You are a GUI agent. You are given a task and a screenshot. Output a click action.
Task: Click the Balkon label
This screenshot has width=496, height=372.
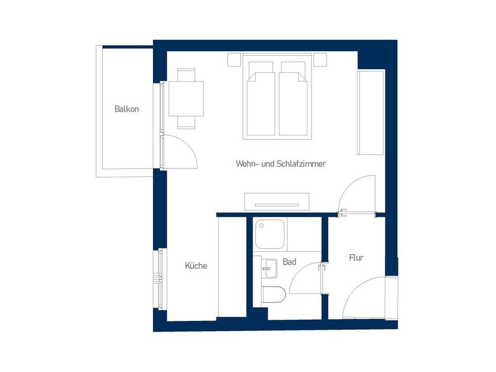click(127, 110)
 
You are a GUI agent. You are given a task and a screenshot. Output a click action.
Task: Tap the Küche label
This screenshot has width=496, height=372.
click(196, 266)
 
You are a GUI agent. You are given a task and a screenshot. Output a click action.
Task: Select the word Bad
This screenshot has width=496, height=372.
click(289, 262)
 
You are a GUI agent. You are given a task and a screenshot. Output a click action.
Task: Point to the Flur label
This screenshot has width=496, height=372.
click(356, 257)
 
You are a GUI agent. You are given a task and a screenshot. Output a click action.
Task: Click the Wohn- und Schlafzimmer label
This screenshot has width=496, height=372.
click(281, 164)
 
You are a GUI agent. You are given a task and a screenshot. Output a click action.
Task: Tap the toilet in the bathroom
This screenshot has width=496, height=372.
click(273, 295)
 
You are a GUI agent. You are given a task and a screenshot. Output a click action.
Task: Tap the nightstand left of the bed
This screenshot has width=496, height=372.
click(234, 60)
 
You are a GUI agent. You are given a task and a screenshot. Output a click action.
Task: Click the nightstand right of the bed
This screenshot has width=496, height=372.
click(320, 60)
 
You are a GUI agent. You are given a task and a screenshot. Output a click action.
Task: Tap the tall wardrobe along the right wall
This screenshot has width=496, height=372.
click(370, 113)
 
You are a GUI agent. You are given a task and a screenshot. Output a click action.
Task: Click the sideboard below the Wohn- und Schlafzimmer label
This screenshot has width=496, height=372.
click(277, 200)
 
